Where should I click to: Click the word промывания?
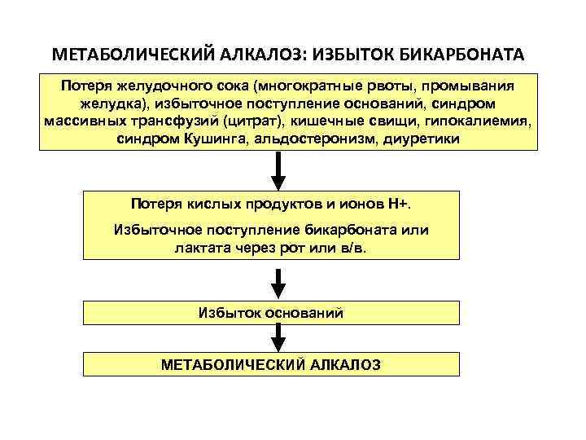472,85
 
